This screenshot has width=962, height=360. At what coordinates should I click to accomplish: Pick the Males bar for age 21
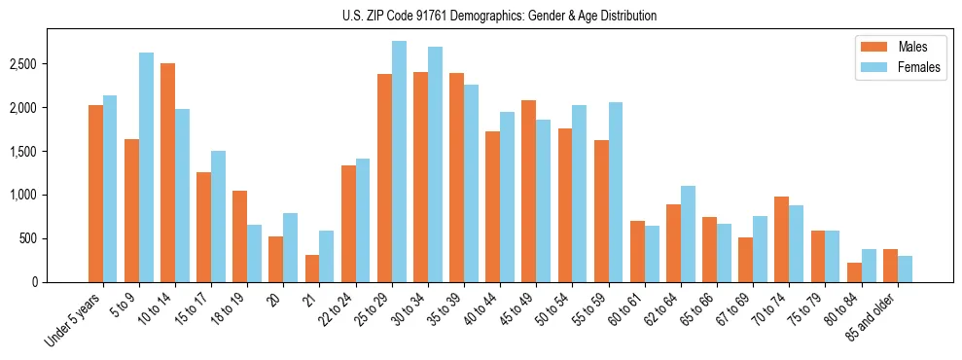[312, 269]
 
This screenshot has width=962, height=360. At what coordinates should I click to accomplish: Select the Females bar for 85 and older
[905, 270]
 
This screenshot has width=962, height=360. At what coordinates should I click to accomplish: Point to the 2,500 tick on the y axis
[23, 64]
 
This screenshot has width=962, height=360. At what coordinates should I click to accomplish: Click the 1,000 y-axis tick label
[23, 196]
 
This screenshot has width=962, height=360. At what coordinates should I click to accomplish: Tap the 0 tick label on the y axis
[33, 282]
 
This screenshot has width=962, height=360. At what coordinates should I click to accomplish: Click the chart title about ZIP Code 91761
[499, 16]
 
